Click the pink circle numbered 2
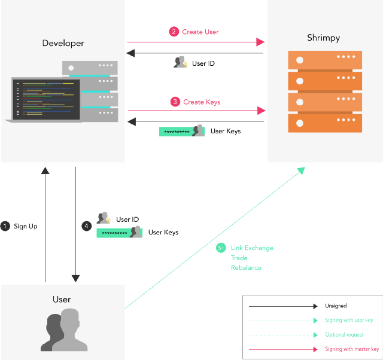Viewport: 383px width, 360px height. pos(174,32)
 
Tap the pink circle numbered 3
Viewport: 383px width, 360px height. pos(175,102)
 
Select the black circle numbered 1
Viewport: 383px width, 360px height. pos(5,226)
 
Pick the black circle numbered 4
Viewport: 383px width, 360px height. pos(86,226)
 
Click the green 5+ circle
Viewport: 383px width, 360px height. pos(221,248)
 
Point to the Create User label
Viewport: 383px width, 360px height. pos(200,32)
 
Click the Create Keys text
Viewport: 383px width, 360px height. pos(202,102)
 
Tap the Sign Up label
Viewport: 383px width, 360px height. pos(26,226)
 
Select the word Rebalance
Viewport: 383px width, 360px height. pos(246,268)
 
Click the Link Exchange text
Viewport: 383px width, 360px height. pos(252,248)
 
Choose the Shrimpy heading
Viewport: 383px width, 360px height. pos(323,38)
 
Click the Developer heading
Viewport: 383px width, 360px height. pos(63,43)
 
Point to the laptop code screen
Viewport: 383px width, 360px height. pos(47,99)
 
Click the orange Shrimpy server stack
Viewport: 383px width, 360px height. pos(325,91)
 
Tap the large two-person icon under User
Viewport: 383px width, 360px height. pos(64,330)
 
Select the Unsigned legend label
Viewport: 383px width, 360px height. pos(336,306)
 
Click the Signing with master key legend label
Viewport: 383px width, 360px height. pos(352,349)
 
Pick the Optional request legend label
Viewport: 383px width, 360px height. pos(344,335)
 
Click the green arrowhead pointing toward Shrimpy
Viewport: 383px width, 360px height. pos(302,170)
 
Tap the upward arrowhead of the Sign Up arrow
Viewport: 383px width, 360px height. pos(45,170)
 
